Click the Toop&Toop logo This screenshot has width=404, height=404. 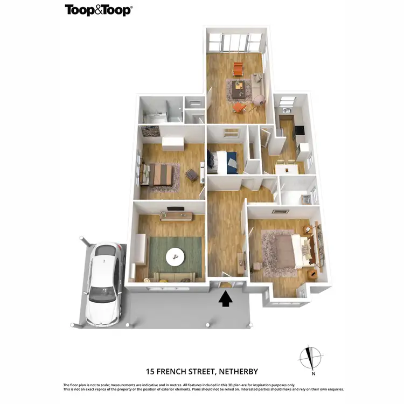[99, 10]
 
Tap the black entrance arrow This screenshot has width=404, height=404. [225, 298]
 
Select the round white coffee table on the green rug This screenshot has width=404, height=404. [175, 256]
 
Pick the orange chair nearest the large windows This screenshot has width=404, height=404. [238, 69]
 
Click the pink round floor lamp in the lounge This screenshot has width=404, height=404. [259, 99]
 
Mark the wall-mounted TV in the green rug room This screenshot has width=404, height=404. [174, 208]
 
